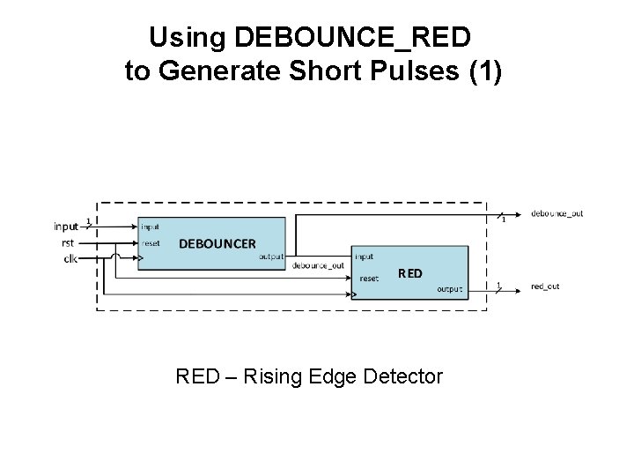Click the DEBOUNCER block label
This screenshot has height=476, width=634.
217,243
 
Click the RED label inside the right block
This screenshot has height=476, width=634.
409,273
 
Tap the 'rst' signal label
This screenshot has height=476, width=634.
68,242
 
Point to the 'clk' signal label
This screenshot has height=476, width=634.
69,258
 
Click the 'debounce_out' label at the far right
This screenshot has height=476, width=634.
557,214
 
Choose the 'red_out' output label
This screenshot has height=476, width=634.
545,286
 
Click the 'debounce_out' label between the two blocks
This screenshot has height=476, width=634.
318,265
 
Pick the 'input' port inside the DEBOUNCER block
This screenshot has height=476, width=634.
151,227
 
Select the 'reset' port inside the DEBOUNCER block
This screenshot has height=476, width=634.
151,242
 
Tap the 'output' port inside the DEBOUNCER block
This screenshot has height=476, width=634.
271,257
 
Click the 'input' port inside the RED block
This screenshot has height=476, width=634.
365,257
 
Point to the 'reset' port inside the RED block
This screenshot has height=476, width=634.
369,279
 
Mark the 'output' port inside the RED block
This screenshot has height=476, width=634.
449,289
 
